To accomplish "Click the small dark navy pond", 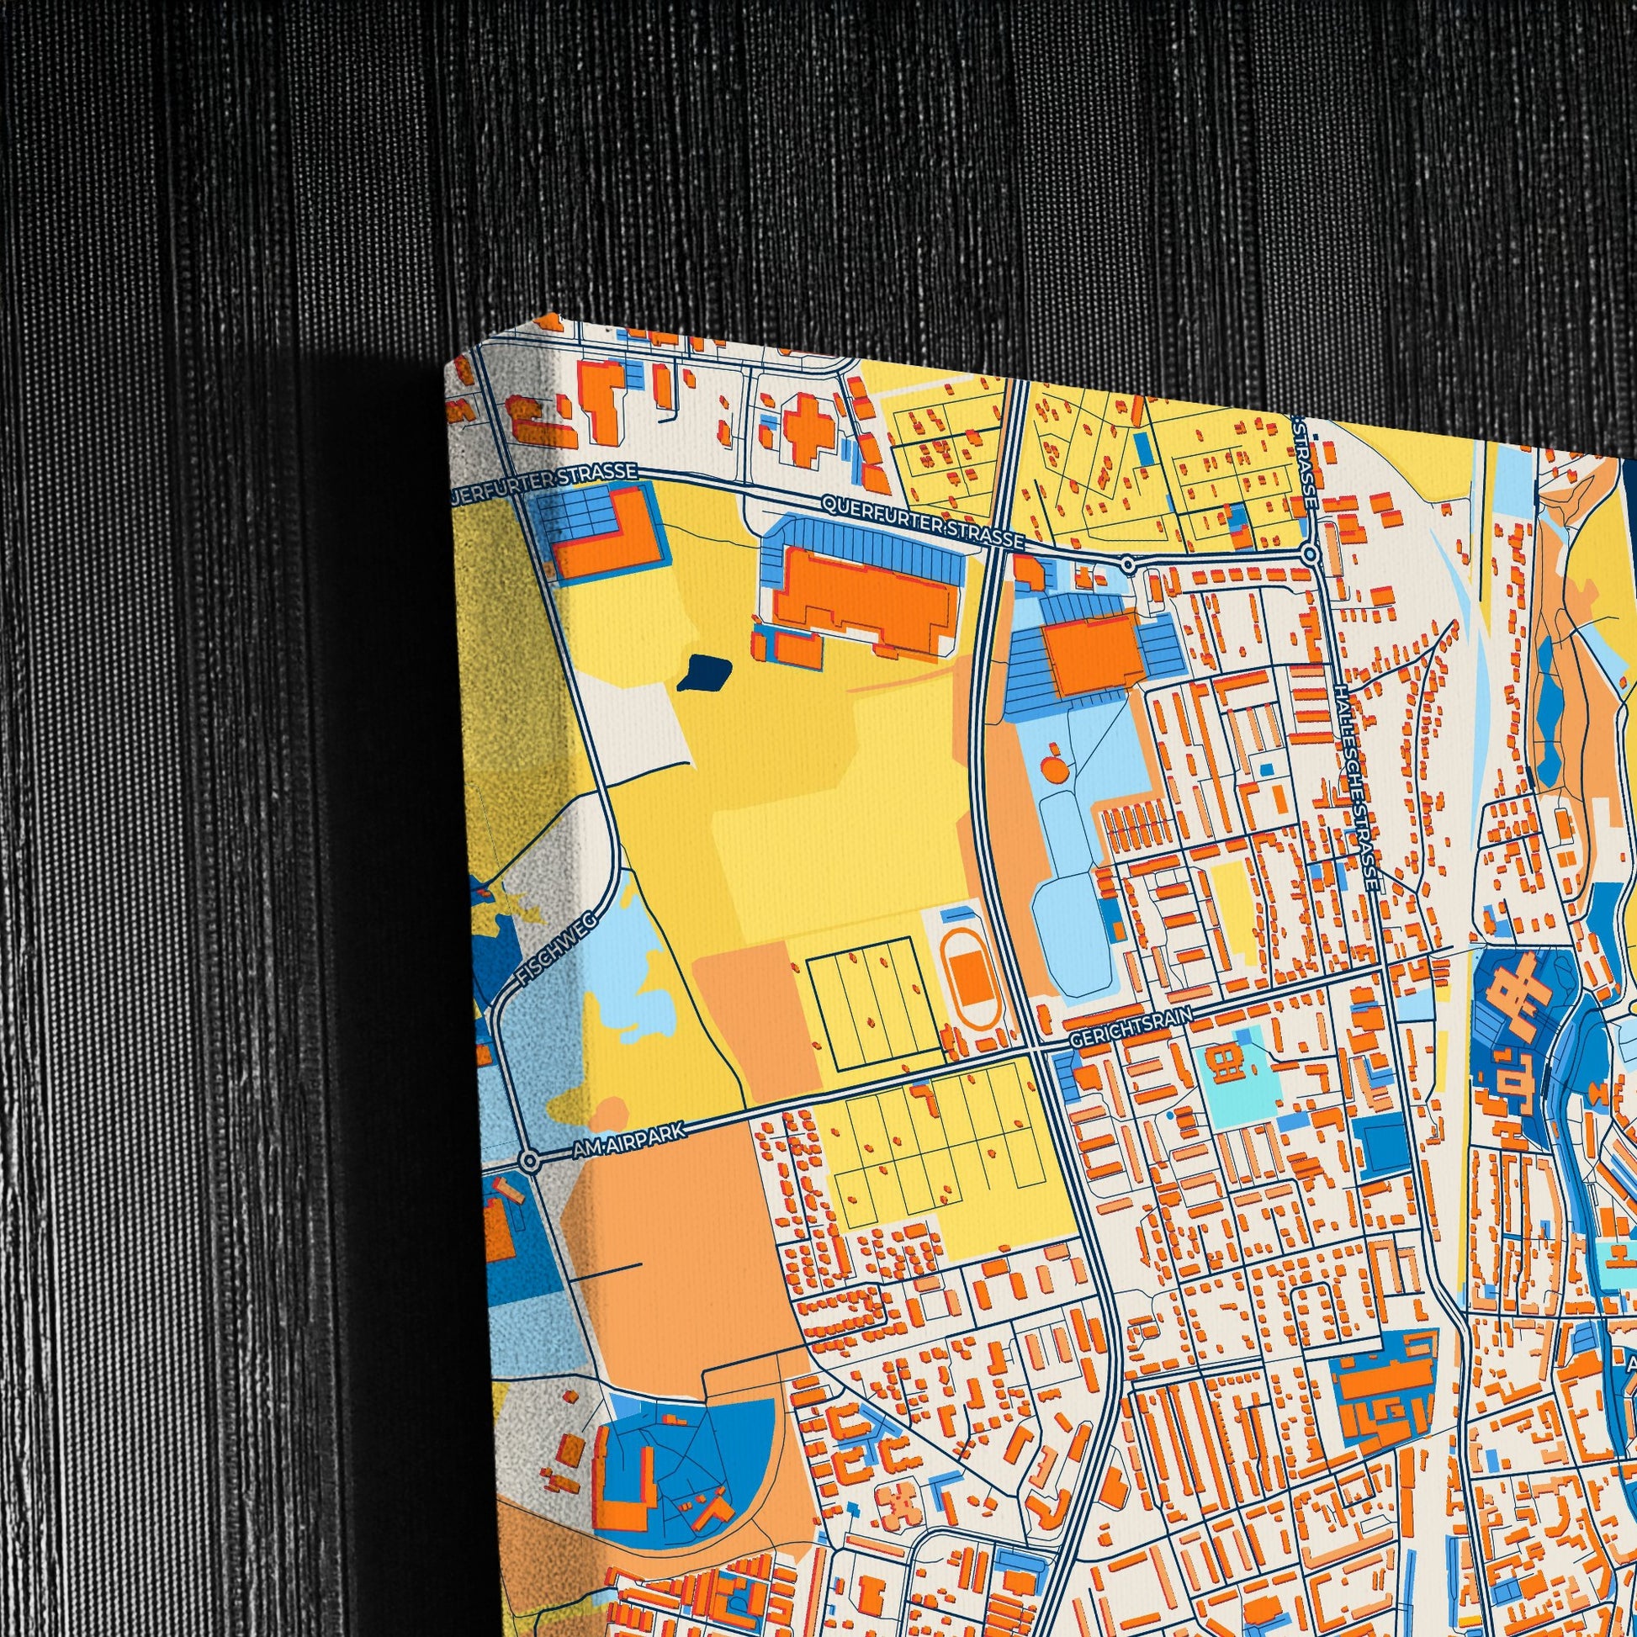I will (704, 672).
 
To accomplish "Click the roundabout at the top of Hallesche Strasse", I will (1310, 554).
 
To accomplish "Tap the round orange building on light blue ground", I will (1053, 770).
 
